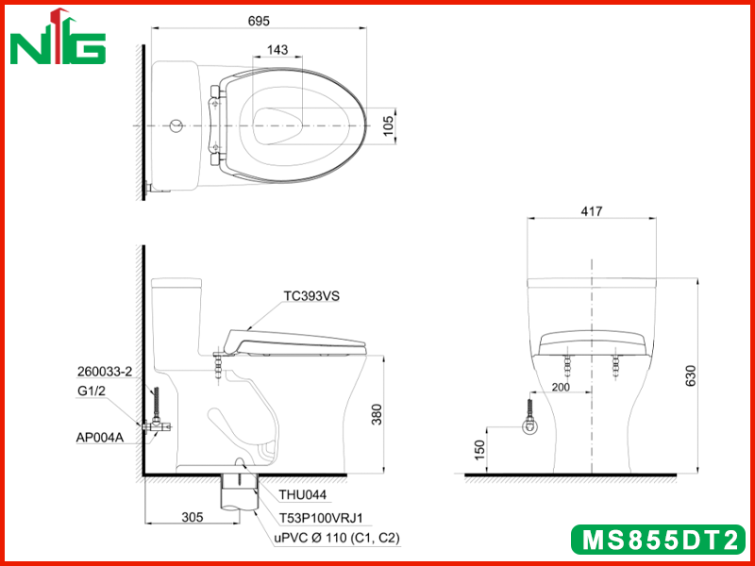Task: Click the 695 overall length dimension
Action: coord(259,21)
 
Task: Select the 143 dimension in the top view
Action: coord(277,50)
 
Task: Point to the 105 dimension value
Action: coord(388,125)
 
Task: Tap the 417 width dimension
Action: coord(592,211)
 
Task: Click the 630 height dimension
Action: coord(691,376)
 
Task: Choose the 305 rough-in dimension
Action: coord(193,517)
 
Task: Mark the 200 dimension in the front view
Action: coord(561,387)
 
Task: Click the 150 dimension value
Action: coord(480,450)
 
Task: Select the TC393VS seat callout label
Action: coord(311,296)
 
